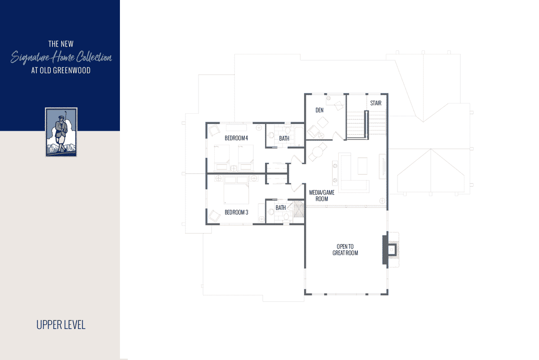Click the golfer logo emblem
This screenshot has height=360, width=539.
(x=61, y=132)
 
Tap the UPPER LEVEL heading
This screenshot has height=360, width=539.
(x=61, y=325)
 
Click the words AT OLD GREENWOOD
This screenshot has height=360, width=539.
(x=61, y=70)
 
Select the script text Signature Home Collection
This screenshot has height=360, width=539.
(x=61, y=57)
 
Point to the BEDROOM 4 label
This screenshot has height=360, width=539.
(x=236, y=138)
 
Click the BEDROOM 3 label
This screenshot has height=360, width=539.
(x=236, y=212)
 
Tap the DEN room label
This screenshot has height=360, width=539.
(x=319, y=110)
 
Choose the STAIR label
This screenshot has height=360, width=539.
(x=376, y=103)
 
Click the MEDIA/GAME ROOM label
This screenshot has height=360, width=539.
(x=322, y=196)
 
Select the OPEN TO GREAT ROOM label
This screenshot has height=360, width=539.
(x=345, y=250)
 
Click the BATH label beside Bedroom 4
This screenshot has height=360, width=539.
(x=284, y=138)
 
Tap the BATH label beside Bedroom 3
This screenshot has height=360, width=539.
(x=281, y=208)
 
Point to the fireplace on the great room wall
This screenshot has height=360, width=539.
(x=390, y=249)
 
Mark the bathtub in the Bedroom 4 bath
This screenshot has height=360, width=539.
(x=299, y=137)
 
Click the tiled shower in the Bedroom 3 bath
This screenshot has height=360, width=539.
(x=299, y=209)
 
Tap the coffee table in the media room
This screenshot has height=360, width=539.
(x=362, y=166)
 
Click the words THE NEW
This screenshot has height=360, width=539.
(x=61, y=44)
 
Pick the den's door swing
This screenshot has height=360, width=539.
(x=338, y=136)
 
